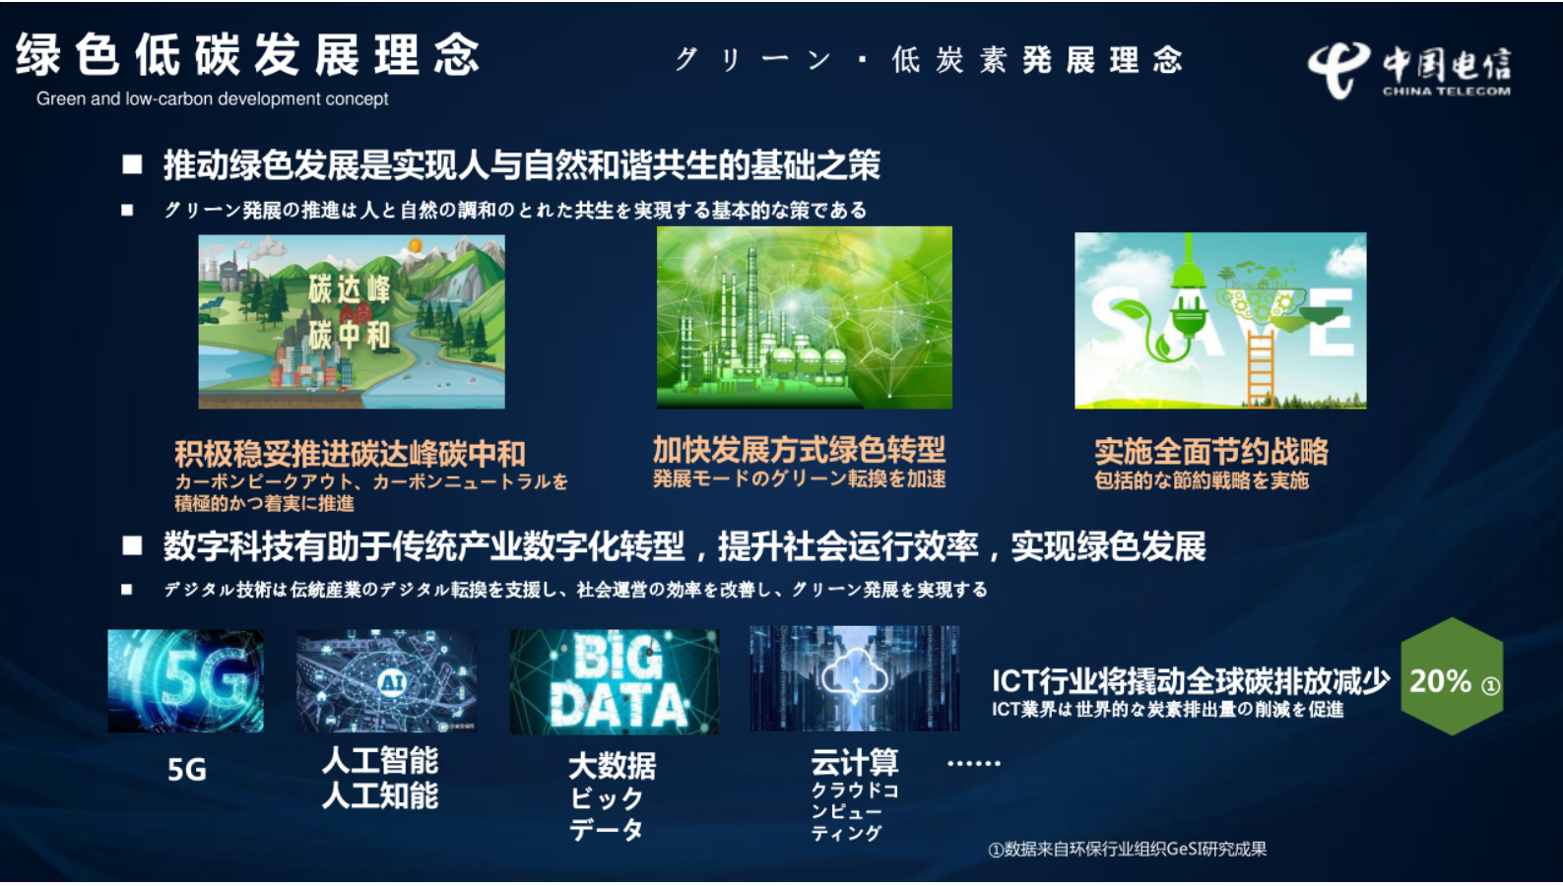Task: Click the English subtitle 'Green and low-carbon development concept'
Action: point(212,98)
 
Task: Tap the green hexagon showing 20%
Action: point(1452,678)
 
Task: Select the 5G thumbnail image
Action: point(185,680)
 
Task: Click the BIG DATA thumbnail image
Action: point(615,681)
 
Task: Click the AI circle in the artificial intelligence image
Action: point(392,681)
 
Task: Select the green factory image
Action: point(804,317)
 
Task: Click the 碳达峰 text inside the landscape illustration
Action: point(350,289)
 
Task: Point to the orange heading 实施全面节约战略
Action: point(1210,452)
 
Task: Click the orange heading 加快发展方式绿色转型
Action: point(799,450)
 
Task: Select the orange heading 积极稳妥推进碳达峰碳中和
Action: point(350,454)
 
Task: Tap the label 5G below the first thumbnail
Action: point(186,770)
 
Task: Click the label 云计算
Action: point(854,762)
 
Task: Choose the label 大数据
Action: point(612,765)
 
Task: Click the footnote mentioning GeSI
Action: point(1127,849)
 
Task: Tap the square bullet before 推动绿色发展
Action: point(132,164)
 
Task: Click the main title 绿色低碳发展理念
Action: point(247,55)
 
